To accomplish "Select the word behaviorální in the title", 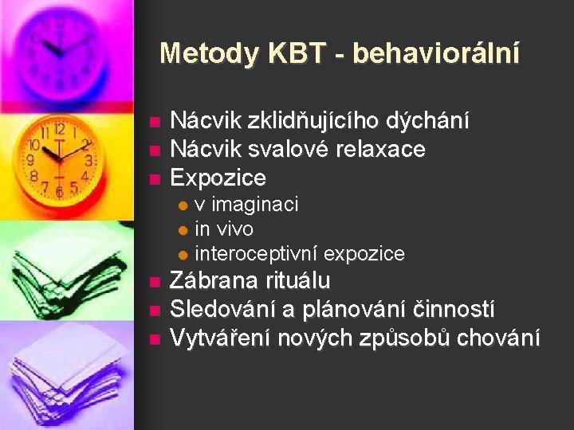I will [435, 53].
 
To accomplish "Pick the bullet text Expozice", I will [218, 177].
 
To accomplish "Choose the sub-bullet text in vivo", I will [224, 229].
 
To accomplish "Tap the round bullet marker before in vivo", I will [183, 230].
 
